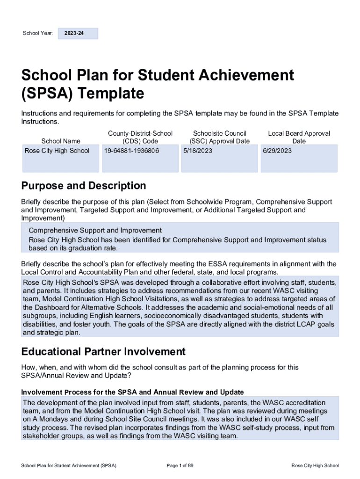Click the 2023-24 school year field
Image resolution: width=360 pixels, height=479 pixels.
(78, 34)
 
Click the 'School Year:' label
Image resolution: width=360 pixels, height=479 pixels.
(38, 34)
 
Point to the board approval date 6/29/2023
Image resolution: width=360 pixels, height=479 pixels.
(277, 151)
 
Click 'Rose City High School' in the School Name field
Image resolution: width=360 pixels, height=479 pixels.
(57, 151)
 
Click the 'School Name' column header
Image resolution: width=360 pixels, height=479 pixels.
(61, 141)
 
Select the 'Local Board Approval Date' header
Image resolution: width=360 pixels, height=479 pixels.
(299, 137)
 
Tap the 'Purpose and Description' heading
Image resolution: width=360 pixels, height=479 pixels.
(84, 186)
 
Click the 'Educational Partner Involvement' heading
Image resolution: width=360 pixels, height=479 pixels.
(103, 352)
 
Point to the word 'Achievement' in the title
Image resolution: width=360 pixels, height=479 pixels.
(244, 75)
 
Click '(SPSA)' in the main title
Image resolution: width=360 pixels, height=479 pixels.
(47, 94)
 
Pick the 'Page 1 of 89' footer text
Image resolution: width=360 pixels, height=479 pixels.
(180, 465)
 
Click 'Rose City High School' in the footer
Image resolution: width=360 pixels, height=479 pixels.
(315, 465)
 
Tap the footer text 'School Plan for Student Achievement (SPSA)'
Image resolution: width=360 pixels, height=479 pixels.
(69, 465)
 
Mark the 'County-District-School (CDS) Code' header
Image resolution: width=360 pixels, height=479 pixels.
(140, 137)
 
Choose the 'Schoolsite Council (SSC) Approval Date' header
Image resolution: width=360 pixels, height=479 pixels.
(220, 137)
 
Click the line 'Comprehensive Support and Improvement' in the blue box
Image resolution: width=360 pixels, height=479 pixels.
(95, 231)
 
